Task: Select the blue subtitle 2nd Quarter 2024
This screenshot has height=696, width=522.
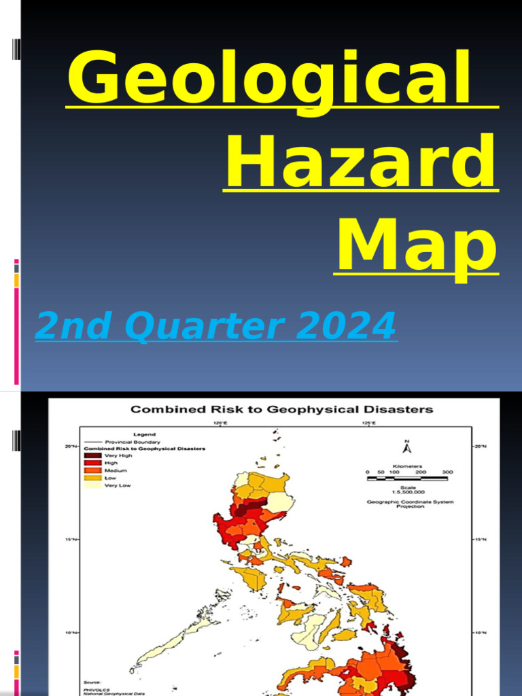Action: tap(215, 326)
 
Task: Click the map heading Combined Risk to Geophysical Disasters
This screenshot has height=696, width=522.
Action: tap(281, 409)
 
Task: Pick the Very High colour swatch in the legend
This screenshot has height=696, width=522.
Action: tap(92, 455)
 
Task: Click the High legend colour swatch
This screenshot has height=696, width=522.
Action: tap(92, 463)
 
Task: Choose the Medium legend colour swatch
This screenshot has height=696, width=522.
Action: tap(92, 470)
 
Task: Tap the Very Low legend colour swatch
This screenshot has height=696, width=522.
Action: tap(92, 485)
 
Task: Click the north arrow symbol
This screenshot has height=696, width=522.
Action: tap(407, 447)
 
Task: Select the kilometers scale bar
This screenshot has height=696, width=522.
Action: tap(407, 478)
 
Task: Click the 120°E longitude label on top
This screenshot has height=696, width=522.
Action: tap(220, 423)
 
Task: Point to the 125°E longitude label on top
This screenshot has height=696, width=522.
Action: tap(367, 423)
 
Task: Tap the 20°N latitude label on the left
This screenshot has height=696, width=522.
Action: tap(71, 447)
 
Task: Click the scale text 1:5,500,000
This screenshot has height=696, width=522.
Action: tap(407, 491)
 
